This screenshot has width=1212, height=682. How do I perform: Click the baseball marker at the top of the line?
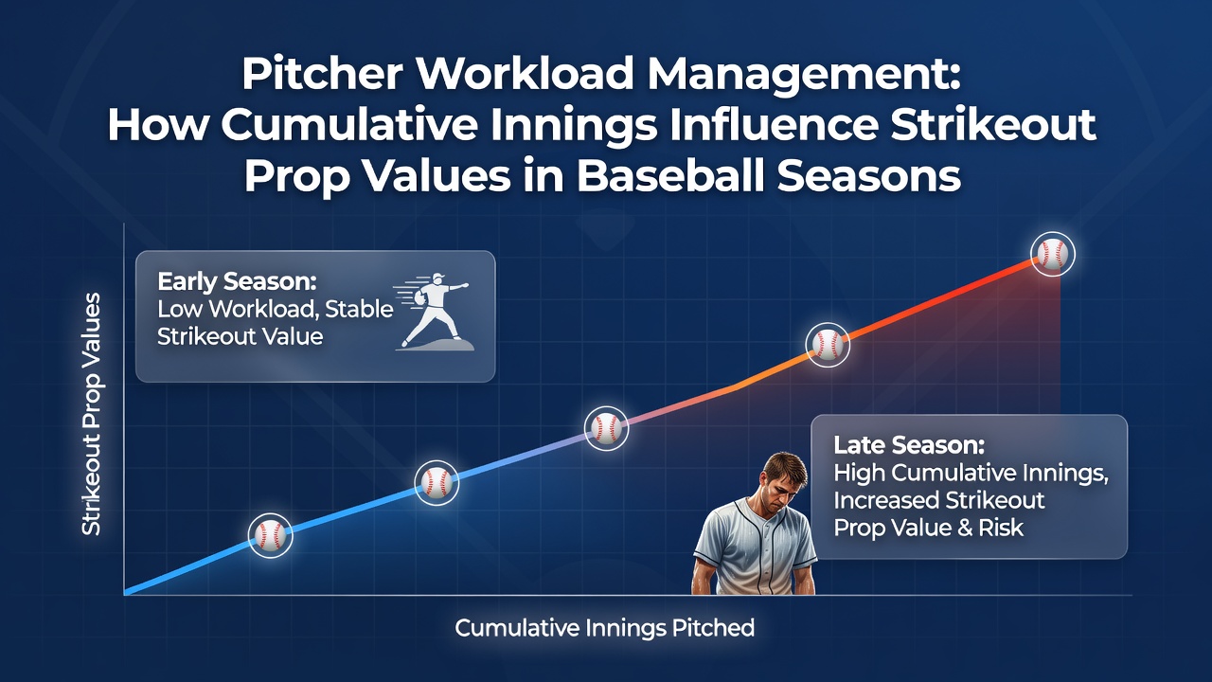click(1052, 254)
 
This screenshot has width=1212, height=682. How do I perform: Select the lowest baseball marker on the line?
click(271, 535)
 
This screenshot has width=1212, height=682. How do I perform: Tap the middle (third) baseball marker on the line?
click(607, 428)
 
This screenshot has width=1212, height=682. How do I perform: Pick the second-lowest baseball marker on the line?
click(437, 482)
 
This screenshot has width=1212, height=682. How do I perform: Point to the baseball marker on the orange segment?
click(828, 345)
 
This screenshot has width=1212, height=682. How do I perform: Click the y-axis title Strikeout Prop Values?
click(92, 415)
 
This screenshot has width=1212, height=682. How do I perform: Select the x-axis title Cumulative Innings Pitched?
click(604, 628)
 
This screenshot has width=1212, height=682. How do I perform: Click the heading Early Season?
click(237, 281)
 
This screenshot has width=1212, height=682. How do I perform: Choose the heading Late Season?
click(909, 445)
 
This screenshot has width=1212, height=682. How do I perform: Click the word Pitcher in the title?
click(322, 74)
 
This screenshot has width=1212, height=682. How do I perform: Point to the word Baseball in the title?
click(671, 176)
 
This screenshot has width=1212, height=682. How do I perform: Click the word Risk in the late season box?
click(1001, 528)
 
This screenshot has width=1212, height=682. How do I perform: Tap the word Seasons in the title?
click(869, 176)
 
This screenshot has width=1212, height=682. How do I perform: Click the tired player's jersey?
click(755, 547)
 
